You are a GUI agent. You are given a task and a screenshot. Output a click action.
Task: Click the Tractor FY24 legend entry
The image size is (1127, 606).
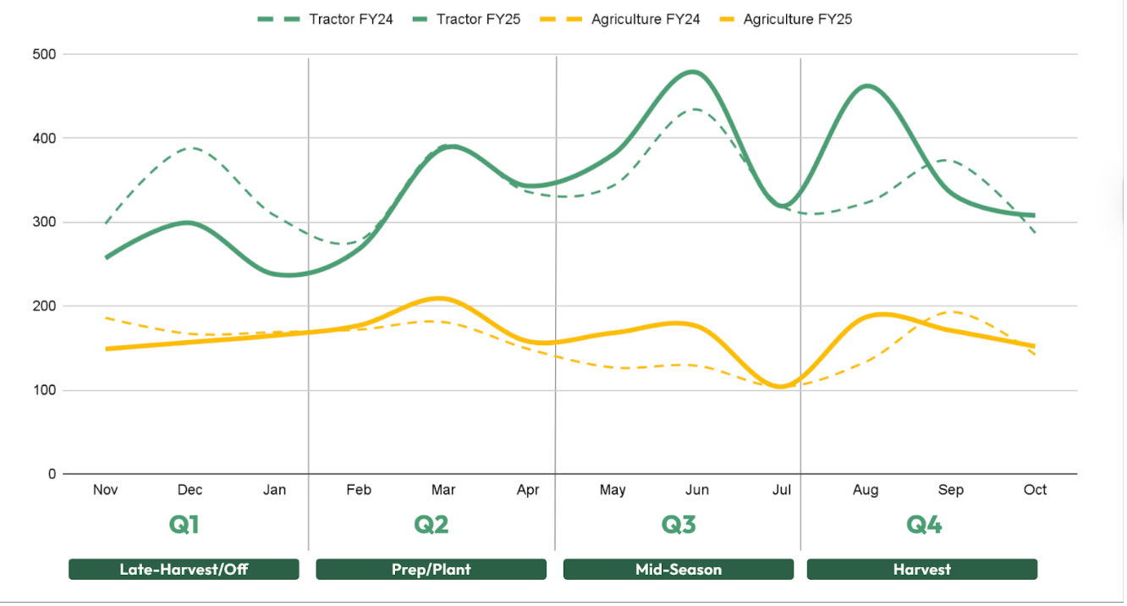tap(327, 19)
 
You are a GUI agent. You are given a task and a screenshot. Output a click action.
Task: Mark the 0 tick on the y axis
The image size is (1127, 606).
tap(52, 475)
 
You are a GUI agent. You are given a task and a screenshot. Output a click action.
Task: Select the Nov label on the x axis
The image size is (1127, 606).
tap(105, 490)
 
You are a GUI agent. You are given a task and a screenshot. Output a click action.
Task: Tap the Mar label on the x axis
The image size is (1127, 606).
tap(443, 490)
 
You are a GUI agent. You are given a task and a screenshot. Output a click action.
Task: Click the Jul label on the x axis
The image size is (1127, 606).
tap(782, 490)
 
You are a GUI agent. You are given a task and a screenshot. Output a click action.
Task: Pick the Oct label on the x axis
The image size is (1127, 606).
tap(1035, 490)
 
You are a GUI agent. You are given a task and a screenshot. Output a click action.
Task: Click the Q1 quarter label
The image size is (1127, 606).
tap(184, 525)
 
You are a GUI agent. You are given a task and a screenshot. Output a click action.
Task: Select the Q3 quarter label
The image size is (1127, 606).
tap(679, 525)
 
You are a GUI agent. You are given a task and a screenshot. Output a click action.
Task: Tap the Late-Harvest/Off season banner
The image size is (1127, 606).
tap(184, 570)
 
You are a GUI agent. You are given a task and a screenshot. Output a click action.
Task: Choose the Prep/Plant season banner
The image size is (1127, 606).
tap(431, 570)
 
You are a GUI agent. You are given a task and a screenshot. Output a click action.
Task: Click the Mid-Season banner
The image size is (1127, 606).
tap(679, 570)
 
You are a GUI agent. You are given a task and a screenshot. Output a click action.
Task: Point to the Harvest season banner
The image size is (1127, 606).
tap(922, 570)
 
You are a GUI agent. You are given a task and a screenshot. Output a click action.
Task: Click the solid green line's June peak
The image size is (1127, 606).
tap(693, 72)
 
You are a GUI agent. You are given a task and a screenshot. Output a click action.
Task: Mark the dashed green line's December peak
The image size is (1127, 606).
tap(191, 147)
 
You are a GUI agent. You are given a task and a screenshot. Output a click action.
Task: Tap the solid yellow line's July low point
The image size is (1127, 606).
tap(779, 387)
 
